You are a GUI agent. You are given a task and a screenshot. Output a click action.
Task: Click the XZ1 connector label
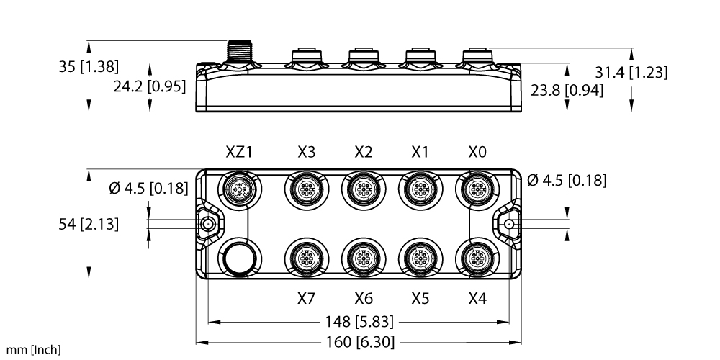(x=239, y=151)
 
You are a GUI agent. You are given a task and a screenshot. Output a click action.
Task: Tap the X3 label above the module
(x=306, y=151)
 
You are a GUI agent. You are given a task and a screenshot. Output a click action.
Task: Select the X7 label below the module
(x=306, y=299)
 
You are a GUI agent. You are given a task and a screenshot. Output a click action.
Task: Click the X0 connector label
(x=477, y=151)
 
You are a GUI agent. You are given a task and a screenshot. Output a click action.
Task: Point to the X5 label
(x=420, y=299)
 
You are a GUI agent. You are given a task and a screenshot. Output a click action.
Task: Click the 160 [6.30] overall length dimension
(x=360, y=342)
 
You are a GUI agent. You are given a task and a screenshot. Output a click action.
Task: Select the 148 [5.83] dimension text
(x=359, y=322)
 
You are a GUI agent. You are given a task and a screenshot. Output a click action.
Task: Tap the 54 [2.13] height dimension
(x=89, y=224)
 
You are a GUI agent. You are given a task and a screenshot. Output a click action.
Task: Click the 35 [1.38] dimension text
(x=89, y=66)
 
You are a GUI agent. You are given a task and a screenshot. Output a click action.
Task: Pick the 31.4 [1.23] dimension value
(x=631, y=72)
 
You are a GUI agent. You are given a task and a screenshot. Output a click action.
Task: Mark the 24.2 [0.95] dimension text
(x=150, y=86)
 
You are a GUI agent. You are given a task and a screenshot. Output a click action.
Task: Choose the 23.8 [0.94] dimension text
(x=567, y=91)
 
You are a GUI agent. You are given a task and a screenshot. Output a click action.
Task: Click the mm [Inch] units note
(x=33, y=350)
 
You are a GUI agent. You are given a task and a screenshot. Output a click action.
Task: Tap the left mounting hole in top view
(x=208, y=224)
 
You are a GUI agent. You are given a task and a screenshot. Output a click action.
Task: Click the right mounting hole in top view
(x=509, y=224)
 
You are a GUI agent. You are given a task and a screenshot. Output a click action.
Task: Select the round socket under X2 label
(x=363, y=189)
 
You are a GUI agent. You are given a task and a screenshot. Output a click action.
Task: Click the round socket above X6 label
(x=363, y=258)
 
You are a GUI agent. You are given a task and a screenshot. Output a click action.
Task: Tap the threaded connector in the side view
(x=239, y=52)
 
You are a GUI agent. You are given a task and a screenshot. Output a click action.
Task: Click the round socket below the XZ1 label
(x=239, y=189)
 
